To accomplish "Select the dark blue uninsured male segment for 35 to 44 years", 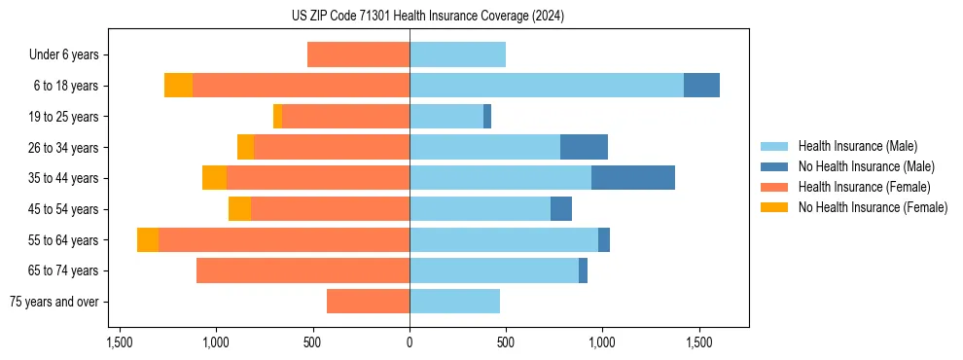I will (633, 178).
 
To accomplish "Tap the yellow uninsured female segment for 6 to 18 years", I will (178, 86).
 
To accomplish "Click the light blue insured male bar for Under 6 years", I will (457, 55).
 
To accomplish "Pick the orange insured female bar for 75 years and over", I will (368, 302).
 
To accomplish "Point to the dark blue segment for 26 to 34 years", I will (584, 147).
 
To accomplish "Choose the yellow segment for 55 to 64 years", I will (148, 240).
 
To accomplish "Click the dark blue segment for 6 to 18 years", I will (701, 86).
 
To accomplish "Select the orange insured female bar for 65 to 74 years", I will (303, 270).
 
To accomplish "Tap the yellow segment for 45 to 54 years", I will (239, 209).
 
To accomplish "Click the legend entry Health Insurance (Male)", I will (857, 146).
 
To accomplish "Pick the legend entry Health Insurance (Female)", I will (864, 187).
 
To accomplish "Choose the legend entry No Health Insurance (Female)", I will (873, 207).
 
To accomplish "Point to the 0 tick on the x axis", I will (410, 343).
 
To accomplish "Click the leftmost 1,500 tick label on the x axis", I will (120, 343).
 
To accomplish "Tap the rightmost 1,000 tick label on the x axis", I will (602, 343).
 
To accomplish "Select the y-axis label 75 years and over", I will (53, 302).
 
